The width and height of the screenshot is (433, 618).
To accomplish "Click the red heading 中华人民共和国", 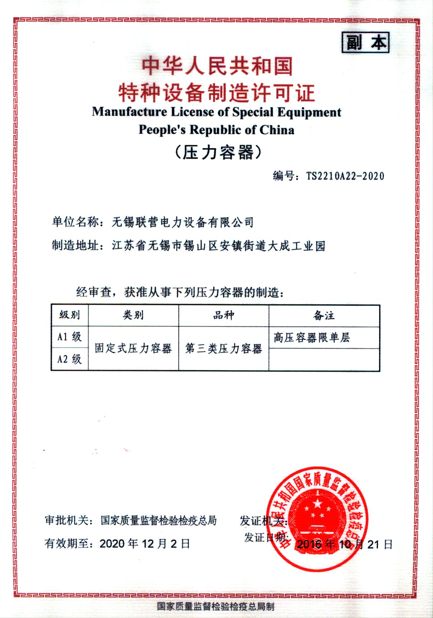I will [x=217, y=67].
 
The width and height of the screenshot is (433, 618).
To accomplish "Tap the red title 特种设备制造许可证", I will [x=217, y=92].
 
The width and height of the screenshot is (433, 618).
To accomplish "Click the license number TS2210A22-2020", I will [x=345, y=176].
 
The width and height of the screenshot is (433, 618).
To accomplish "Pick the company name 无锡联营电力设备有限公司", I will [x=182, y=222].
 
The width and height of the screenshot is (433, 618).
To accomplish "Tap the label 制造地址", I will [x=75, y=246].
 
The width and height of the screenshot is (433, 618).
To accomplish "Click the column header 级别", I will [x=70, y=315].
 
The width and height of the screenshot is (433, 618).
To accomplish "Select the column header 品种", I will [x=223, y=315].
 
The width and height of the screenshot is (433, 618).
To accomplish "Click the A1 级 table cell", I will [x=70, y=337].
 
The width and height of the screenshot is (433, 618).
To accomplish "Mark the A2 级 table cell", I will [x=70, y=359].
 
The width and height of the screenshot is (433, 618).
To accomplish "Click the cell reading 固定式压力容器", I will [x=133, y=348].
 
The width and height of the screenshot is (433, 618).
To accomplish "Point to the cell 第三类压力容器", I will [x=223, y=348].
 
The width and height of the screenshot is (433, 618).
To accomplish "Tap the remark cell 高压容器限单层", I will [x=311, y=338].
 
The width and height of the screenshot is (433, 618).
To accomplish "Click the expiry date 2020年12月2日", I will [x=144, y=544].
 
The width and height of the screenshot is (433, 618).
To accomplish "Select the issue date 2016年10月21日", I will [x=345, y=545].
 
